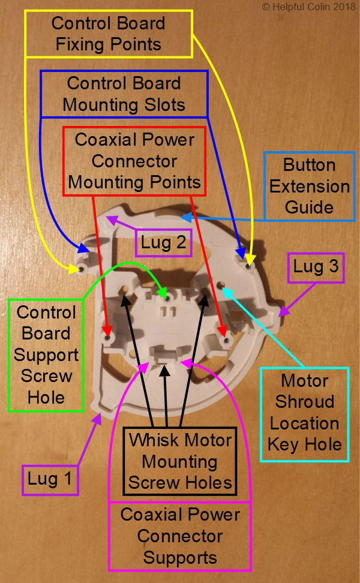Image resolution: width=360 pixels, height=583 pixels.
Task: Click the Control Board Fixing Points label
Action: point(108,34)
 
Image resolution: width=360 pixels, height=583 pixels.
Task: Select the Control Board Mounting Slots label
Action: point(124,94)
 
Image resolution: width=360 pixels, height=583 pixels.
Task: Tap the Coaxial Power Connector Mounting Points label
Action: point(134,161)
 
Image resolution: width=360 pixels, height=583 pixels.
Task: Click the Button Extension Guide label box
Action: point(309,186)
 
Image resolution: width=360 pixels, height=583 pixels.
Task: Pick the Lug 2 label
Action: point(163,244)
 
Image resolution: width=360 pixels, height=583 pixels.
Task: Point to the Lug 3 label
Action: point(317,267)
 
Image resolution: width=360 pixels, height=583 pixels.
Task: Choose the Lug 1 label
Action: point(50,479)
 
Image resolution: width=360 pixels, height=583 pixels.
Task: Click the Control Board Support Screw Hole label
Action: point(46,354)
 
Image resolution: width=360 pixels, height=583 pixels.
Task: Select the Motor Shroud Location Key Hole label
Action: point(305,413)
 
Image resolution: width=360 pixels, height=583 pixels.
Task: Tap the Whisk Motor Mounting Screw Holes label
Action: point(181,461)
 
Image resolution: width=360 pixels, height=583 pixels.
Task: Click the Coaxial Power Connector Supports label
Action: point(180,536)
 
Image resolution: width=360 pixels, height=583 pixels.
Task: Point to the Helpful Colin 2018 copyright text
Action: point(309,7)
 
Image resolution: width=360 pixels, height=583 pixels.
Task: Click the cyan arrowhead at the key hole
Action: point(225,290)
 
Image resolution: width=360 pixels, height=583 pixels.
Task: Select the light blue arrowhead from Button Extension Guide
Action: point(185,216)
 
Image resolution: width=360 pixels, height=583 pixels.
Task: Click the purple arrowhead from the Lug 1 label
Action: point(99,417)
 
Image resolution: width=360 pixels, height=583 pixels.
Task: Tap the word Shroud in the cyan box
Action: point(305,402)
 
